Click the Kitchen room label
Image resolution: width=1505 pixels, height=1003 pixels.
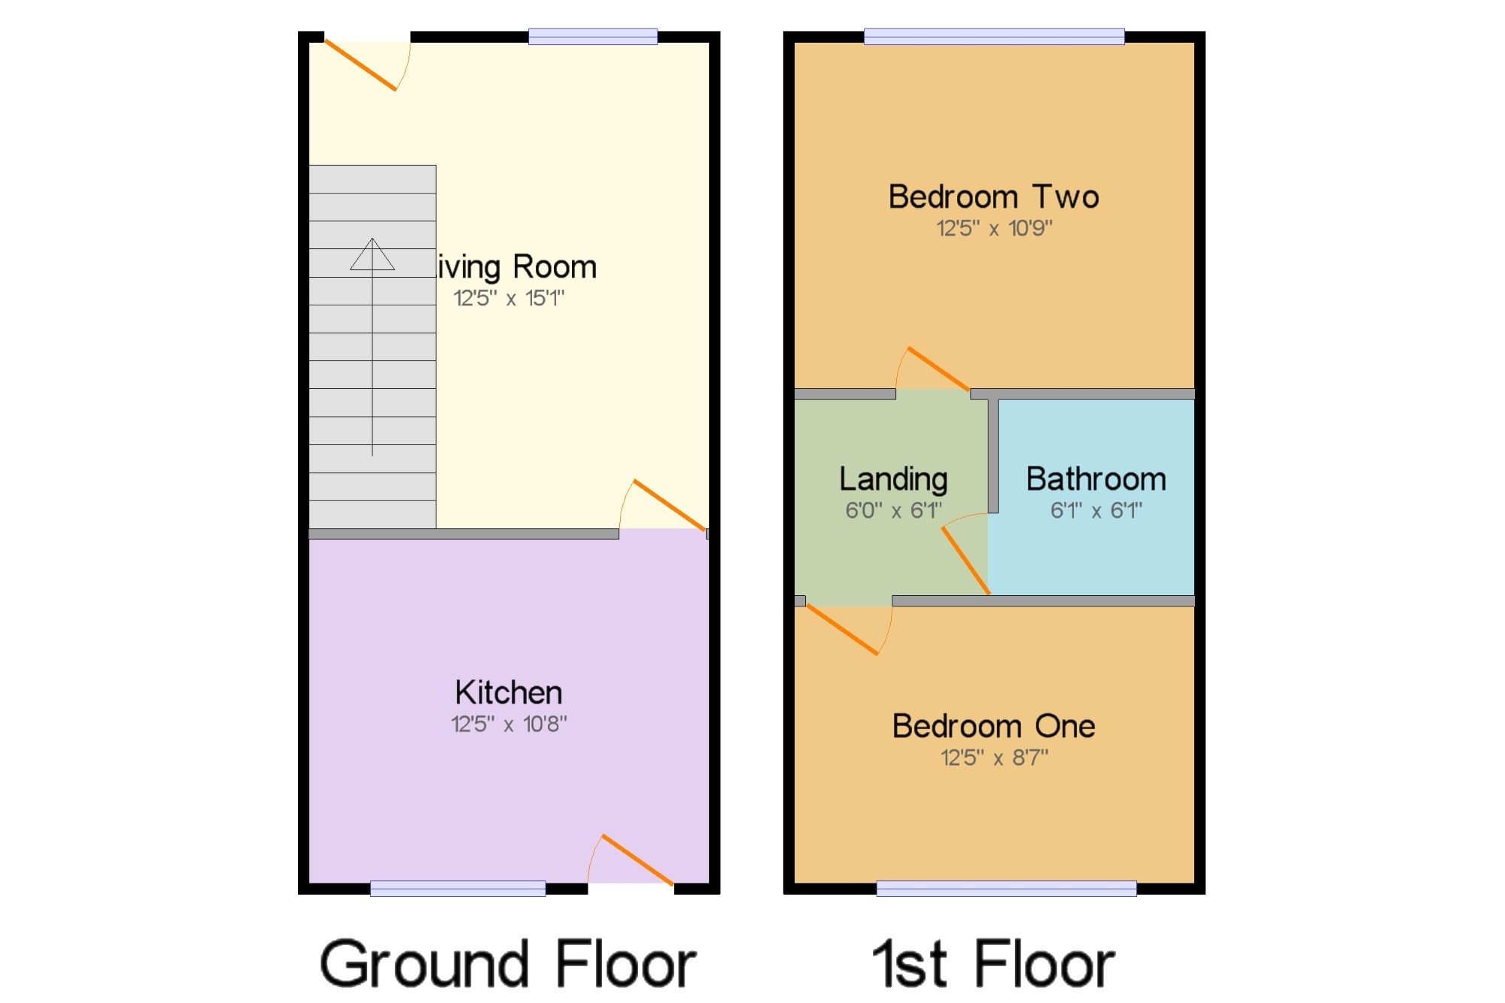pyautogui.click(x=509, y=692)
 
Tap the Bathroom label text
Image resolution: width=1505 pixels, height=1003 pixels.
pyautogui.click(x=1096, y=479)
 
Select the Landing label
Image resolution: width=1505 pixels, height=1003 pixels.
pyautogui.click(x=893, y=480)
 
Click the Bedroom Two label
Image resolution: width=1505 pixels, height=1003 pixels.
pyautogui.click(x=994, y=196)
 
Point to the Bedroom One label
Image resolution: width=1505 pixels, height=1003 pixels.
pyautogui.click(x=994, y=726)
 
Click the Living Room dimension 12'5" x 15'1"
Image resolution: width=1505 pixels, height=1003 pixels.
pyautogui.click(x=509, y=298)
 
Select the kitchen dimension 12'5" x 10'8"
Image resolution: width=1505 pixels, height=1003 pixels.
pyautogui.click(x=509, y=724)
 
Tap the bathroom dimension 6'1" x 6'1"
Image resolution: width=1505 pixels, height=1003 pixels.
pyautogui.click(x=1096, y=510)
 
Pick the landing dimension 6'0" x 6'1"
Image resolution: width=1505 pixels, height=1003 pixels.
pyautogui.click(x=893, y=510)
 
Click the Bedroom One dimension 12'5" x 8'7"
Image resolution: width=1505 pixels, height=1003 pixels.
pyautogui.click(x=994, y=757)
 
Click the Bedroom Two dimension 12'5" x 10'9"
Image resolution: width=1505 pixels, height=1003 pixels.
pyautogui.click(x=994, y=228)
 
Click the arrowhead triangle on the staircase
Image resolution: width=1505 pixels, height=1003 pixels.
pyautogui.click(x=372, y=254)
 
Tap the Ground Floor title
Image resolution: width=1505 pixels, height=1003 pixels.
pyautogui.click(x=508, y=964)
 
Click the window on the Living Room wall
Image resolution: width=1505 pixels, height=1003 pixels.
pyautogui.click(x=593, y=36)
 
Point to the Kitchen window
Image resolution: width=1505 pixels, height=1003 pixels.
pyautogui.click(x=458, y=889)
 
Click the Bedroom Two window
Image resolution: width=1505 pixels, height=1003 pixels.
pyautogui.click(x=994, y=36)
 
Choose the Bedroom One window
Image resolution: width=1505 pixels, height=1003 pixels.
pyautogui.click(x=1006, y=889)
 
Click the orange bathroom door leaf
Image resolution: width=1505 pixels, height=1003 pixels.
pyautogui.click(x=966, y=561)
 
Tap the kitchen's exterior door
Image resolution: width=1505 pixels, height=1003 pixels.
pyautogui.click(x=637, y=860)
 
